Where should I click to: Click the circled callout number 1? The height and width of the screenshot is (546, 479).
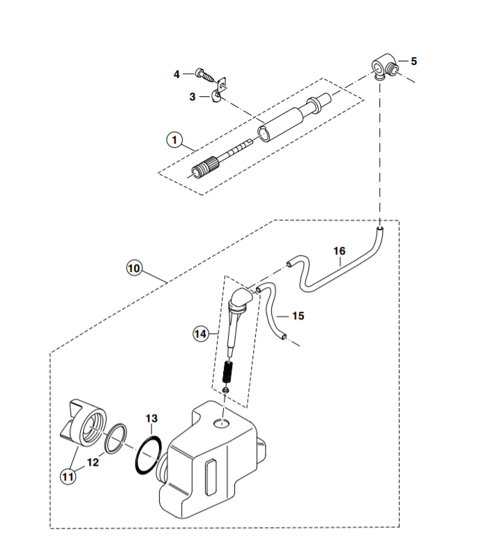pos(173,139)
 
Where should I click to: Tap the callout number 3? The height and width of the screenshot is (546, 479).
pos(193,97)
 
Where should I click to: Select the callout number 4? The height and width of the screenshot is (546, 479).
pos(177,74)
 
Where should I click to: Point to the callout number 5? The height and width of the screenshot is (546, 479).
pos(413,61)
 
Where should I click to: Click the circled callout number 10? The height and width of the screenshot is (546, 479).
pos(133,267)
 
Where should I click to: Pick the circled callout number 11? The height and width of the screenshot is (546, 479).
pos(68,477)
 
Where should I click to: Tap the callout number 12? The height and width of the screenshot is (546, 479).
pos(93,462)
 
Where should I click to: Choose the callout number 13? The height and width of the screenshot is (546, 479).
pos(152,418)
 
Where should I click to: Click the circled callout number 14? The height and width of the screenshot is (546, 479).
pos(201,334)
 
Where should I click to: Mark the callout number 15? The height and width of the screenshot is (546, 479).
pos(298,316)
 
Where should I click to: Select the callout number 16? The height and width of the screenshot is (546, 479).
pos(339,251)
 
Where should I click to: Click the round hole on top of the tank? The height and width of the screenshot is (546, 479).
pos(222,423)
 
